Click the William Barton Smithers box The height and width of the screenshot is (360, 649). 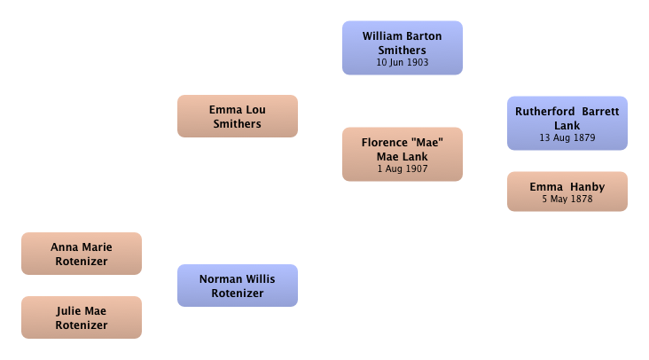tap(403, 48)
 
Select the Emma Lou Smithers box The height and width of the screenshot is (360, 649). tap(238, 116)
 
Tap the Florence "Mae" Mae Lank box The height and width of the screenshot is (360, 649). tap(403, 154)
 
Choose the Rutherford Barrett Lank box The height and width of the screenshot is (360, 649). tap(567, 123)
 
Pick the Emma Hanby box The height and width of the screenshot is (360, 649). tap(567, 192)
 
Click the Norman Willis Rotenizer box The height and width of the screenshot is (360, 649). tap(238, 286)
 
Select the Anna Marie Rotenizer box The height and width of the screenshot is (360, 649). tap(82, 254)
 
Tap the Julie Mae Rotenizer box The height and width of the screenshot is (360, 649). tap(82, 317)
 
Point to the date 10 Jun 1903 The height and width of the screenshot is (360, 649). tap(403, 62)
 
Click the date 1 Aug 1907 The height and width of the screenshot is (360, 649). tap(403, 168)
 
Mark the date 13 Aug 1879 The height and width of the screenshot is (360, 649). tap(567, 137)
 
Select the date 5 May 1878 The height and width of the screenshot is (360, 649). tap(567, 199)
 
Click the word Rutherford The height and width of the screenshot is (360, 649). tap(544, 112)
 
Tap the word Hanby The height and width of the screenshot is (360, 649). tap(587, 187)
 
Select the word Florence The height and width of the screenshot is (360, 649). tap(385, 143)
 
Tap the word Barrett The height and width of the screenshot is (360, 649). tap(600, 112)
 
